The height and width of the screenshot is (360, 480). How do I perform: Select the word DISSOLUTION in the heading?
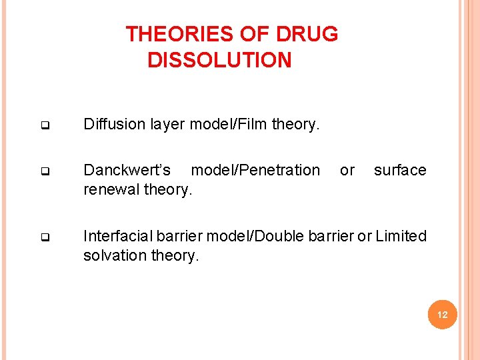[x=219, y=61]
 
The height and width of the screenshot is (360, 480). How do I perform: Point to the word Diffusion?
[x=111, y=123]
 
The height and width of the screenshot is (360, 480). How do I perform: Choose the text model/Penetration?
[x=255, y=170]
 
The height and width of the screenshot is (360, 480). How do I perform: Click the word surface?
[x=400, y=170]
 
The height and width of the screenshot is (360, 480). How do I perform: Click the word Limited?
[x=401, y=236]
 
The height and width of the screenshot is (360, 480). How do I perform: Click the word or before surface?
[x=347, y=170]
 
